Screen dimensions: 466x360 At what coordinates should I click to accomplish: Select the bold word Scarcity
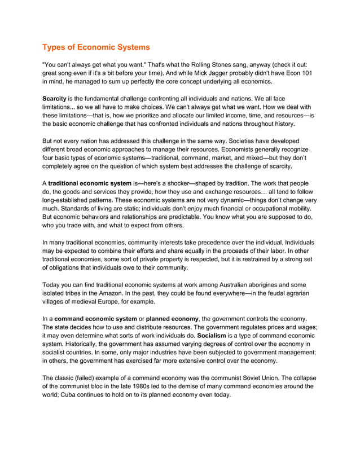pyautogui.click(x=55, y=99)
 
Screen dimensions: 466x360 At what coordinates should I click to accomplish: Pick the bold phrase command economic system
pyautogui.click(x=95, y=319)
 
